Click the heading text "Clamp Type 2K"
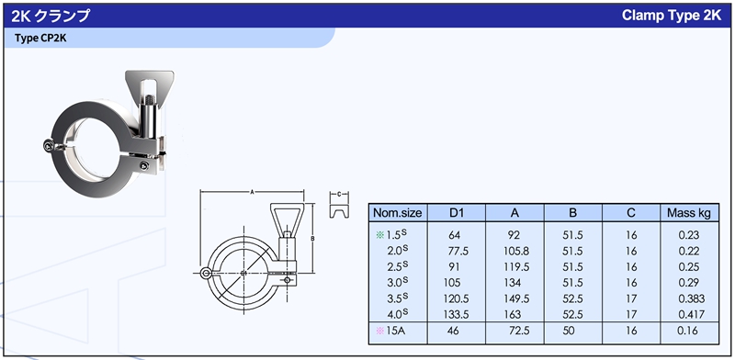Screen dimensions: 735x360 pos(672,15)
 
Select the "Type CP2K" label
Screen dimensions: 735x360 pos(40,38)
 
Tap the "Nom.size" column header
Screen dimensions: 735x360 pos(398,213)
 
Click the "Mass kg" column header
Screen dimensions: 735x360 pos(688,213)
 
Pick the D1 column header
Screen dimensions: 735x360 pos(456,213)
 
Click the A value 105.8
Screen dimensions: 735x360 pos(516,252)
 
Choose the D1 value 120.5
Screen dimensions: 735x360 pos(456,298)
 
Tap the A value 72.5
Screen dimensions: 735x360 pos(519,331)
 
